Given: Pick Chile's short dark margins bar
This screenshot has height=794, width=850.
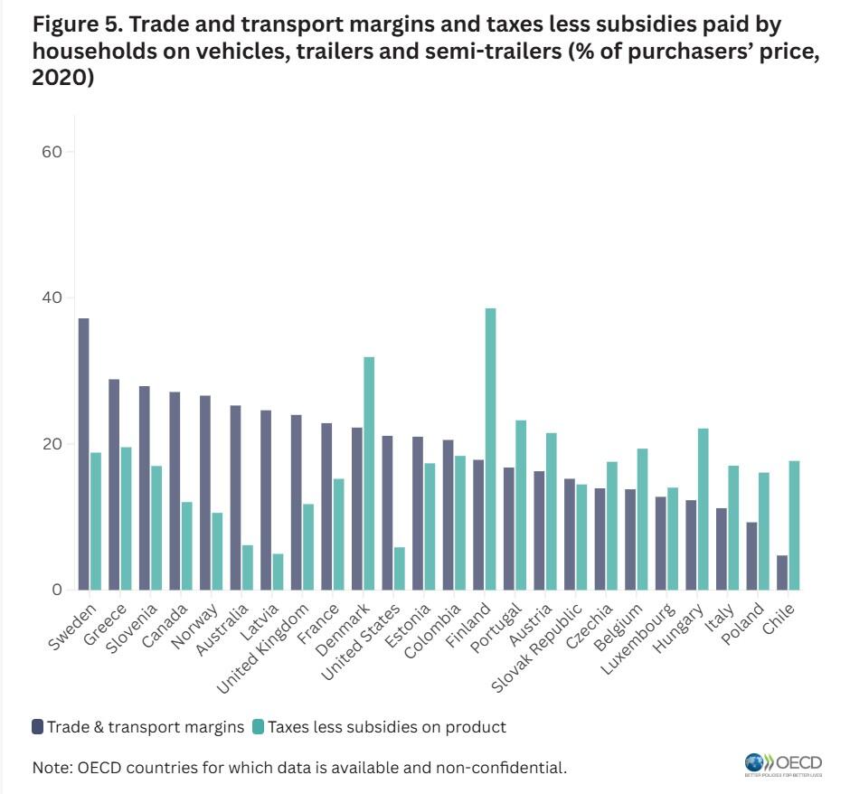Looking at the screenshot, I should pos(781,573).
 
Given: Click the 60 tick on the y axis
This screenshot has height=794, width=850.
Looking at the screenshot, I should pos(52,152).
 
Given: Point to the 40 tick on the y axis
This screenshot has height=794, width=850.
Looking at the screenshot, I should pos(52,298).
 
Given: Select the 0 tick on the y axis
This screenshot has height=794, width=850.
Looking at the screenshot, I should pos(56,591).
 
